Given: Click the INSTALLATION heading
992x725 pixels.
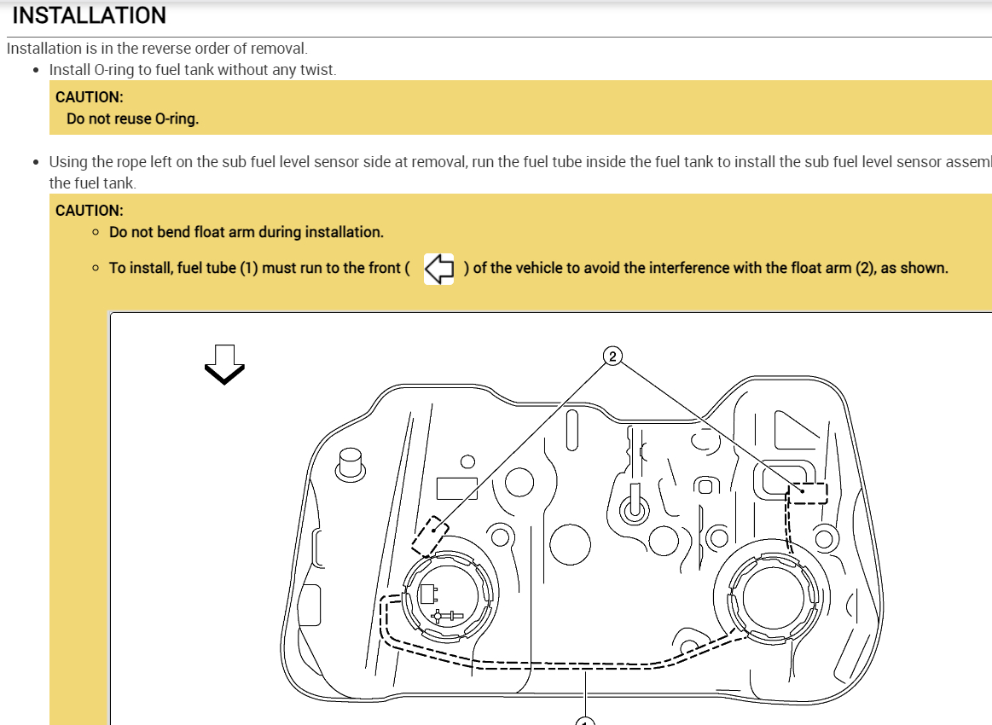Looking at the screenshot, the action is pyautogui.click(x=89, y=15).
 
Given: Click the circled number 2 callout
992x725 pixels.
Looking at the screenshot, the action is pyautogui.click(x=612, y=356).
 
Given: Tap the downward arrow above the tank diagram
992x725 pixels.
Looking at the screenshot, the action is pyautogui.click(x=224, y=364).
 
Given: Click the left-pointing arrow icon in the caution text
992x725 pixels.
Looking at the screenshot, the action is pyautogui.click(x=438, y=268).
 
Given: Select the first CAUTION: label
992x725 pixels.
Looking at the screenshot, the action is pyautogui.click(x=89, y=96).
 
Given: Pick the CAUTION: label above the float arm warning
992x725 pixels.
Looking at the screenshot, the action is pyautogui.click(x=89, y=210).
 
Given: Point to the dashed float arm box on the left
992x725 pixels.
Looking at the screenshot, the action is pyautogui.click(x=430, y=536).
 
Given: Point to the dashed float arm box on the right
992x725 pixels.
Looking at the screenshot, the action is pyautogui.click(x=806, y=493).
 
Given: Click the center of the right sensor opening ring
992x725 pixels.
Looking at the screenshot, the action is pyautogui.click(x=772, y=594).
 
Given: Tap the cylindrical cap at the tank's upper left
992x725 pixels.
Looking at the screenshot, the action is pyautogui.click(x=350, y=464).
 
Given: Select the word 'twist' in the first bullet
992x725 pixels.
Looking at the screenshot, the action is pyautogui.click(x=316, y=69).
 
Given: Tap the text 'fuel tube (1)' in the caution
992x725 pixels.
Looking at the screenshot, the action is pyautogui.click(x=218, y=268).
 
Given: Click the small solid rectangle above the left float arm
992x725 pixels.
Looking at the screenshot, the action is pyautogui.click(x=456, y=488).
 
